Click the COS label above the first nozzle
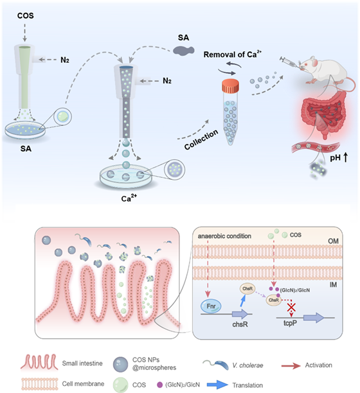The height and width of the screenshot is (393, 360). (x=25, y=15)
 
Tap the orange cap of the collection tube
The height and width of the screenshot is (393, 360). (x=230, y=85)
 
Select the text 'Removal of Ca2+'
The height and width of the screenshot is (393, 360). (x=232, y=54)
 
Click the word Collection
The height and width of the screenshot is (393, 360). (x=201, y=139)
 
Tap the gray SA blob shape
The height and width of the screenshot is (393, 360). (x=184, y=50)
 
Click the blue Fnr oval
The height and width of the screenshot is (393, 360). (x=211, y=306)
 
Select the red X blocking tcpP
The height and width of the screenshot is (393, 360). (x=291, y=307)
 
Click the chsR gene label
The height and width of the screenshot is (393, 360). (x=240, y=324)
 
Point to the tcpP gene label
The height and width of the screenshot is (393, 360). (x=290, y=323)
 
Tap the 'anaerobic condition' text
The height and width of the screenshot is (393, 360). (x=224, y=236)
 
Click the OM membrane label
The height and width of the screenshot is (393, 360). (x=333, y=241)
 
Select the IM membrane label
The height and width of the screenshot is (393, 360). (x=333, y=284)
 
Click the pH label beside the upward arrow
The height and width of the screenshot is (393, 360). (x=335, y=158)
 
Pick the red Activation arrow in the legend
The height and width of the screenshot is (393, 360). (x=291, y=366)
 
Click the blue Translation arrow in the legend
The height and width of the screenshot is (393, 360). (x=217, y=385)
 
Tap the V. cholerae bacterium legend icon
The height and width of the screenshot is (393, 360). (x=216, y=365)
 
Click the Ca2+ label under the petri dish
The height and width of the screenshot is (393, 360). (x=129, y=198)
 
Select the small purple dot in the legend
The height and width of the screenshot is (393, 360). (x=159, y=385)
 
